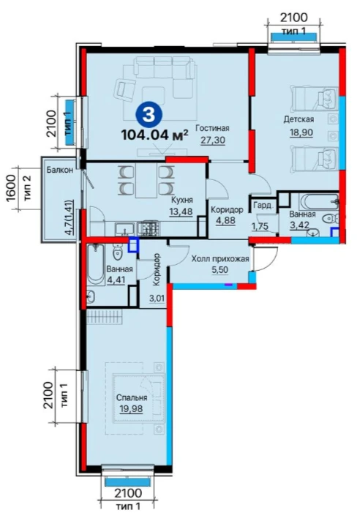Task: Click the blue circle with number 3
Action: coord(149,114)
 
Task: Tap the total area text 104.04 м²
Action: coord(155,135)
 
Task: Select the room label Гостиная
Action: coord(212,128)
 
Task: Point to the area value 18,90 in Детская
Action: coord(301,132)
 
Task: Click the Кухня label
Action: coord(182,200)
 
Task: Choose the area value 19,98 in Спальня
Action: coord(131,408)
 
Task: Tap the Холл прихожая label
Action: coord(220,259)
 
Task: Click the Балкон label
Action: coord(59,170)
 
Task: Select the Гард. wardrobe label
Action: coord(263,206)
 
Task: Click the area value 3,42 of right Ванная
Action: coord(297,225)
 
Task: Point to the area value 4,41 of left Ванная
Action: coord(116,280)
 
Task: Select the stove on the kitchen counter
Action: coord(148,227)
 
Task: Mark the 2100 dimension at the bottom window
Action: coord(128,493)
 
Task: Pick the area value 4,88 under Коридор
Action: coord(225,220)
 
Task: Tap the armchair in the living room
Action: coord(124,89)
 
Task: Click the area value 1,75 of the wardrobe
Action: coord(260,226)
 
